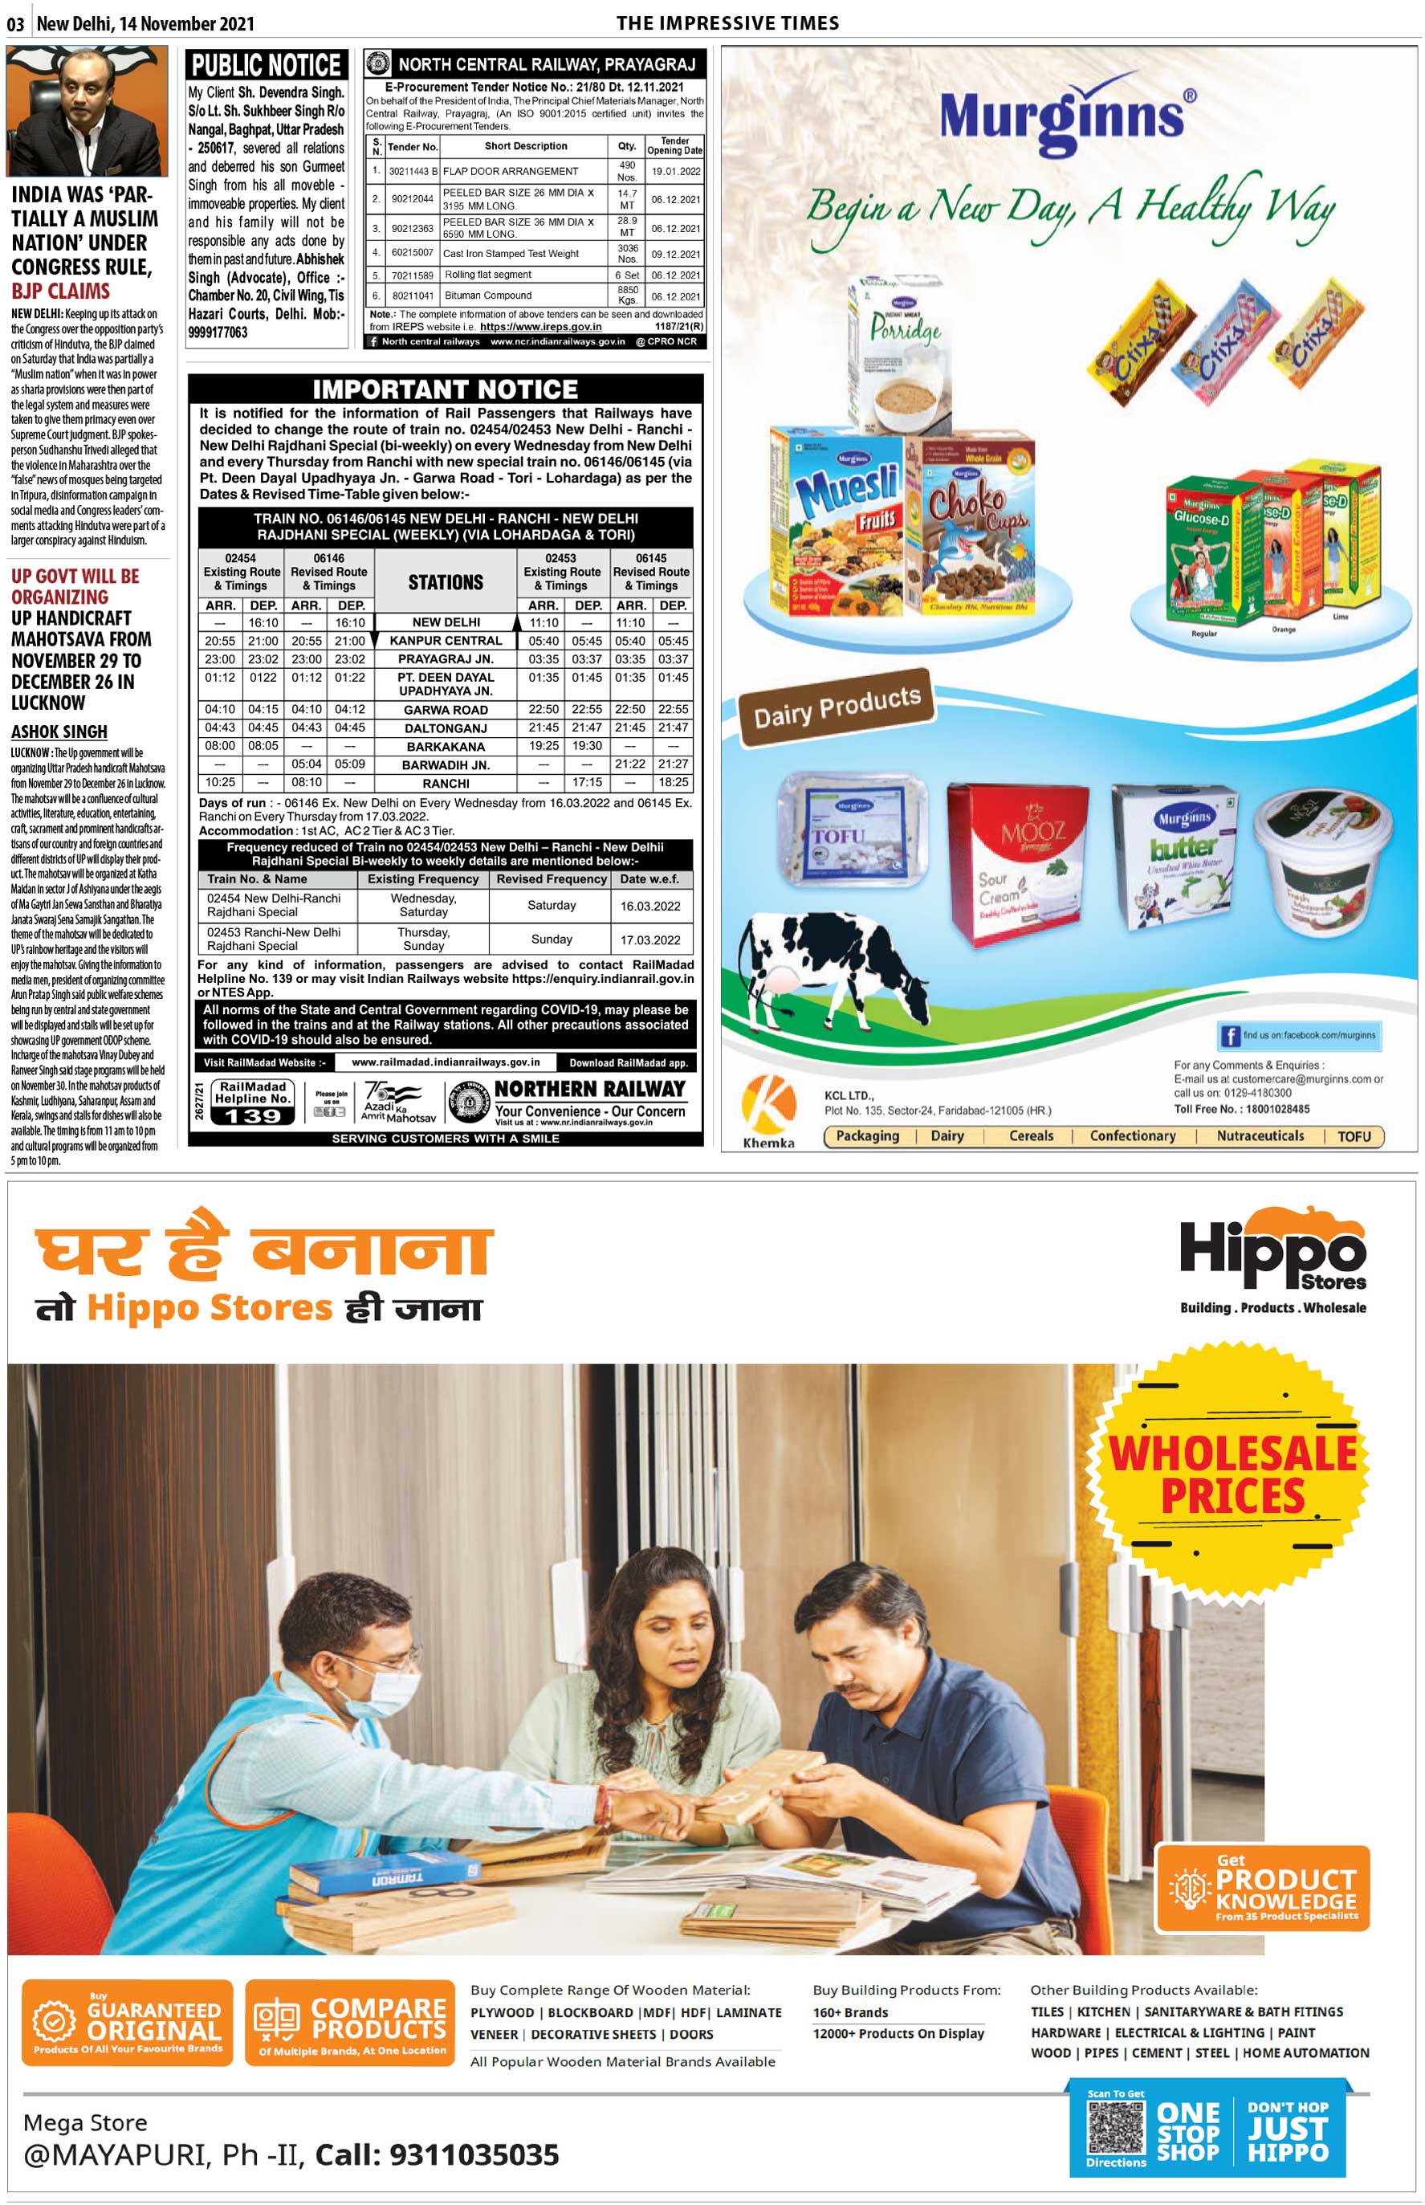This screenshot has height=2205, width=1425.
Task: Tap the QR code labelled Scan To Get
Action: [1115, 2126]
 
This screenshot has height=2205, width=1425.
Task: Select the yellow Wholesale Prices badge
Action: [1231, 1476]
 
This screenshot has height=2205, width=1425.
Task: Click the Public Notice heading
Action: [267, 65]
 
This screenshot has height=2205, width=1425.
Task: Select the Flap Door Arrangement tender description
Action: [510, 171]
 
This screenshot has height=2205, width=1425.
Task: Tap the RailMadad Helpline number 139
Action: [253, 1115]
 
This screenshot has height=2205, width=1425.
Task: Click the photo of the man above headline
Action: [87, 111]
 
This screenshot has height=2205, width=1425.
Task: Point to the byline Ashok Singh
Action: [59, 731]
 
